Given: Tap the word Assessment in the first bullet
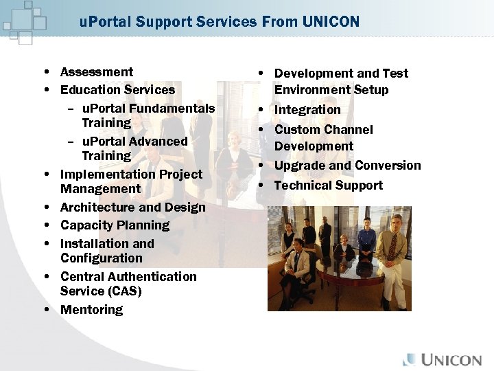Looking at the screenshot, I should click(97, 72).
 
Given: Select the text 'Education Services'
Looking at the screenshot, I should click(117, 90).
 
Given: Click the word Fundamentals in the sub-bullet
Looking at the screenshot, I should click(172, 109).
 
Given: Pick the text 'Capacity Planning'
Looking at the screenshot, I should click(115, 225).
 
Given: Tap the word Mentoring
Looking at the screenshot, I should click(91, 310).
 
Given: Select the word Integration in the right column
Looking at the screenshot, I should click(307, 110).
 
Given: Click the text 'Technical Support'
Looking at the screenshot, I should click(328, 185).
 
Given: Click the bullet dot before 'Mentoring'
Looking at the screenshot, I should click(45, 310).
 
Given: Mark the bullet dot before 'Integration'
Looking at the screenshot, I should click(261, 110).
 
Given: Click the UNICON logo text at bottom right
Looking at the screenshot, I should click(451, 359).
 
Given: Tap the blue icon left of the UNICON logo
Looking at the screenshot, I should click(410, 359).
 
